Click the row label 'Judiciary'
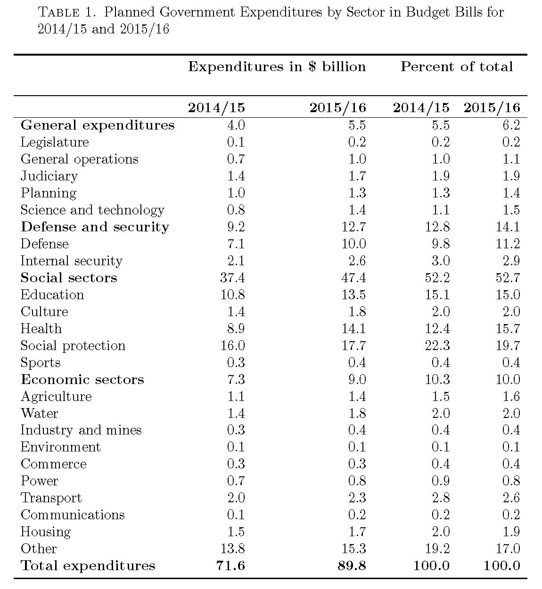49,176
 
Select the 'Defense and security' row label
95,227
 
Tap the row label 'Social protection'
73,346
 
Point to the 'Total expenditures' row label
88,566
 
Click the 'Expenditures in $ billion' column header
277,67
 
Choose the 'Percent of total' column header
456,67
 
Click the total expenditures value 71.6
232,566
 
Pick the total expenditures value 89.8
352,566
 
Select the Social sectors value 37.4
232,278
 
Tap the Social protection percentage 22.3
437,346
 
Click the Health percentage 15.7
508,329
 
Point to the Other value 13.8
232,549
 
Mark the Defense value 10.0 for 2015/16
353,244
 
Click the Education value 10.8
232,295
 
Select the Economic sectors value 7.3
236,380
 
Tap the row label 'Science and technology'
92,210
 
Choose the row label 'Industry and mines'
81,430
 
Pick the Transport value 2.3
357,498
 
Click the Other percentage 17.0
508,549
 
